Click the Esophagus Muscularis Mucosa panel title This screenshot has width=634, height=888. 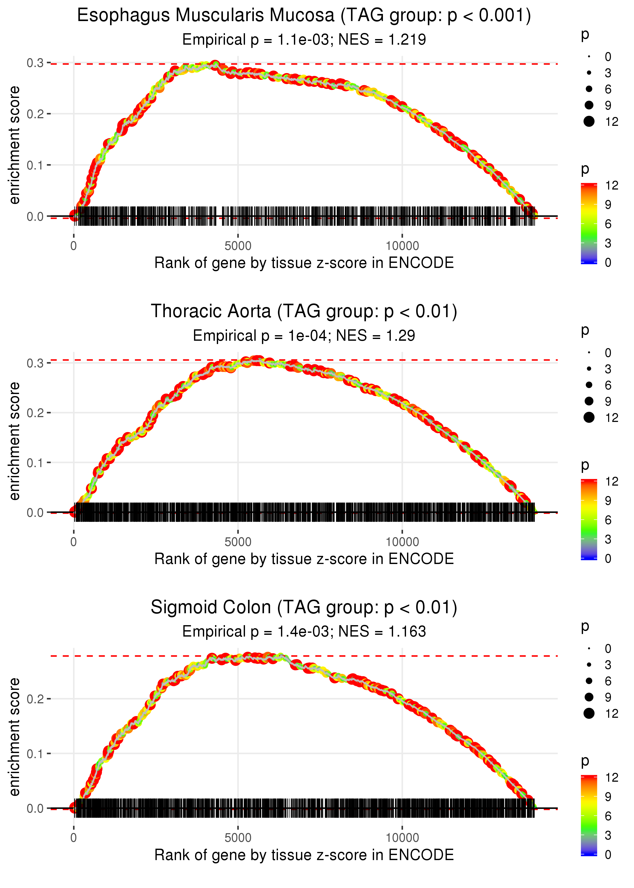click(304, 16)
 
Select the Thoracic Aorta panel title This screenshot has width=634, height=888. click(304, 312)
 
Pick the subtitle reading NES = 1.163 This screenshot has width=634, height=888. click(304, 632)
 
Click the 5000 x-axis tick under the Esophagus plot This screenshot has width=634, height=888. click(238, 246)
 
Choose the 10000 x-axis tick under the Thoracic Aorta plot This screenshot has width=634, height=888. click(402, 542)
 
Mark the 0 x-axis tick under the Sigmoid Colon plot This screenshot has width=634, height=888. click(73, 838)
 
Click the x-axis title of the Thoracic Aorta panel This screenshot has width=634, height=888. click(304, 559)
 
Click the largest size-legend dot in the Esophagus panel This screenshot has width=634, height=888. click(589, 122)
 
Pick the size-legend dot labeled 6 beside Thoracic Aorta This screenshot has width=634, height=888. click(589, 385)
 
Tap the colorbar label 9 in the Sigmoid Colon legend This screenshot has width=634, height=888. click(608, 797)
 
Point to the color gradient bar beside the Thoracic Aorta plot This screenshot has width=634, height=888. click(589, 519)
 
